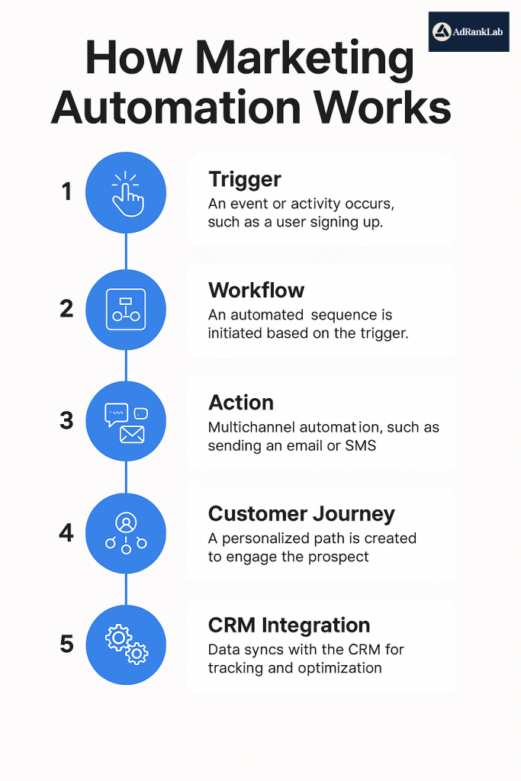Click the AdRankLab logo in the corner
pos(468,31)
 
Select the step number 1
pos(67,191)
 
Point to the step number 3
pos(67,420)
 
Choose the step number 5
pos(67,644)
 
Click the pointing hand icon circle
pos(126,192)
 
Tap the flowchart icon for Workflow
pos(126,310)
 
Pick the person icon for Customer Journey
pos(126,532)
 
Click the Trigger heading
pos(245,179)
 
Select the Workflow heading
pos(256,290)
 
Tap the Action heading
pos(241,403)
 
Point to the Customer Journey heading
pos(301,513)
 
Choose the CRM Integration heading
pos(289,625)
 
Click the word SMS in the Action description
pos(360,445)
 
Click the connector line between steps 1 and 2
pos(126,251)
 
